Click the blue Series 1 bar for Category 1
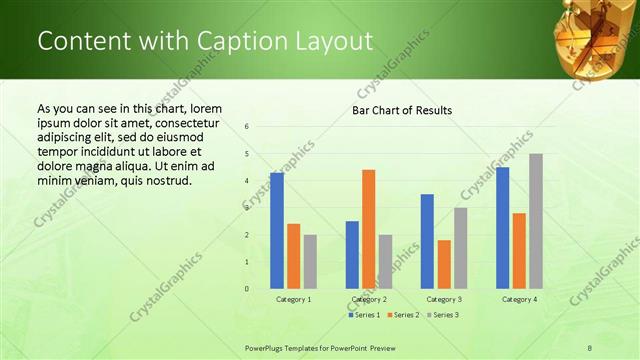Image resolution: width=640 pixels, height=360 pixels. coord(277,231)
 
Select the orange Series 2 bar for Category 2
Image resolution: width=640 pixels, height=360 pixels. coord(368,229)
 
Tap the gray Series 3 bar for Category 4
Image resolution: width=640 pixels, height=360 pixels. coord(536,221)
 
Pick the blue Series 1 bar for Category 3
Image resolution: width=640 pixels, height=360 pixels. coord(427,241)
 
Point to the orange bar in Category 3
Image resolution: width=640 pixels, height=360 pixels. coord(444,264)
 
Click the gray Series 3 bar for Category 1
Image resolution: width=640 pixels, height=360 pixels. coord(310,262)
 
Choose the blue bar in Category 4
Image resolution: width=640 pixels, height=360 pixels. coord(502,228)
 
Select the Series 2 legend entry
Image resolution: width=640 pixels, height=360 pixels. coord(403,315)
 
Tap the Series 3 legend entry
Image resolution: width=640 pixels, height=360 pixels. coord(443,315)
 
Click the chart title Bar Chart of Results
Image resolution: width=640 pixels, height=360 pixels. coord(402,110)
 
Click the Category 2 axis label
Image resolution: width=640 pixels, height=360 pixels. coord(369,299)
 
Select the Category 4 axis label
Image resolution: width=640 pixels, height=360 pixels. coord(519,299)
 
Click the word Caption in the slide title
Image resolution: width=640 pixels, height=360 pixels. coord(236,41)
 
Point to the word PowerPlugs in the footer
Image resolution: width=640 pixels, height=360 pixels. coord(267,347)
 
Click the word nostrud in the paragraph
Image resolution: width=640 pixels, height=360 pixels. coord(167,181)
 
